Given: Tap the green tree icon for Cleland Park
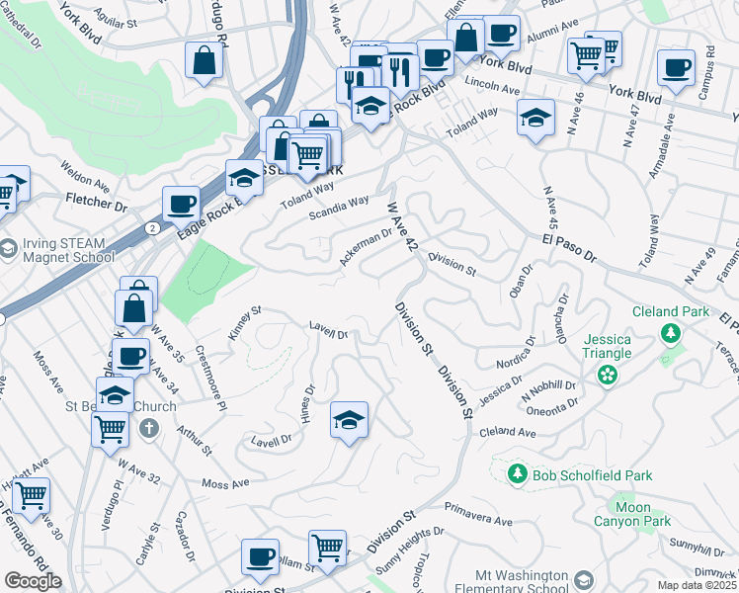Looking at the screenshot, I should (x=671, y=333).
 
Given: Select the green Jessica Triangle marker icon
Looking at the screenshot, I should (x=607, y=375).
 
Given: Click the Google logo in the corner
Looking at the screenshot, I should (x=33, y=580).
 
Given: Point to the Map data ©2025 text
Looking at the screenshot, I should (x=697, y=585).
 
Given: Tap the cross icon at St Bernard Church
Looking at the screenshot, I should (x=148, y=428).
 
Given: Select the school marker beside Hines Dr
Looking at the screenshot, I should (x=349, y=421).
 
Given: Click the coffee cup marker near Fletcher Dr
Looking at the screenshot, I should (x=181, y=205).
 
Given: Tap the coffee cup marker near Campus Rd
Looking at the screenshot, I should (x=676, y=68).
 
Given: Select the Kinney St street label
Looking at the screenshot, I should (x=244, y=323).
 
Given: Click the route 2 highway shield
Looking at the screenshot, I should (x=151, y=228).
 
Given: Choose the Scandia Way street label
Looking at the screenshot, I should (x=339, y=207).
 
